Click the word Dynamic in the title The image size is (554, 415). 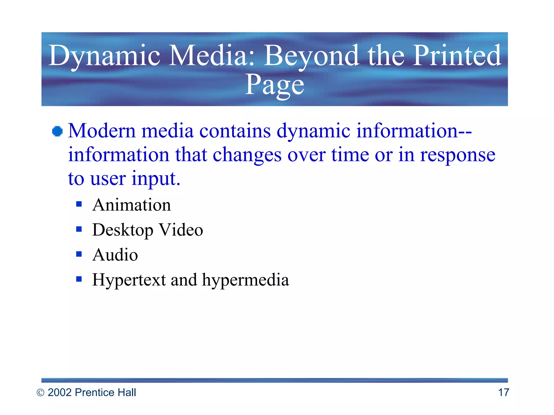[x=104, y=56]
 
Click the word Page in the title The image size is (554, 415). [x=274, y=85]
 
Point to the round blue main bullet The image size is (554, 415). [x=57, y=132]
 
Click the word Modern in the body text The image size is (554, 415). [x=101, y=131]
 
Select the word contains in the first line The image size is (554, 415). [x=235, y=131]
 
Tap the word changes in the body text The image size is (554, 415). [x=247, y=155]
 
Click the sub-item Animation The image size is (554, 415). [x=131, y=205]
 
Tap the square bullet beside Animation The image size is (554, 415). [x=79, y=204]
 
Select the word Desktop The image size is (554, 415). [x=123, y=230]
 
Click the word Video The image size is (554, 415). [x=181, y=230]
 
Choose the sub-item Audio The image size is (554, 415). [x=115, y=255]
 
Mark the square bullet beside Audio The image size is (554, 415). [x=79, y=254]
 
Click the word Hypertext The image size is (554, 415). [x=129, y=280]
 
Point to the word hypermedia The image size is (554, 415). [x=245, y=280]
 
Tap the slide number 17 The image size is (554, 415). [x=503, y=393]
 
